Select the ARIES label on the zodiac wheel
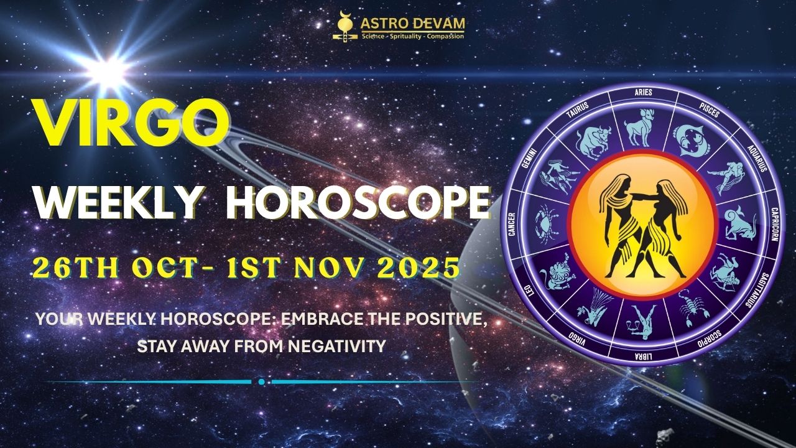[x=643, y=92]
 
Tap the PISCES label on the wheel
[x=709, y=111]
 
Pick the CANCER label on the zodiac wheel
[x=512, y=222]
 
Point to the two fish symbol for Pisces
[x=690, y=138]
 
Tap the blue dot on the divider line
[x=261, y=381]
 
